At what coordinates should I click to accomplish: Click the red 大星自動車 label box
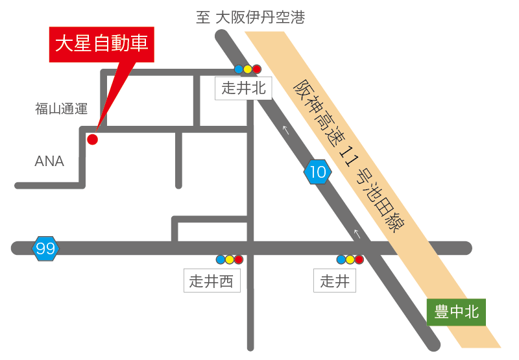[x=102, y=45]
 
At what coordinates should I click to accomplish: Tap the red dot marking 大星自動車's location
[x=92, y=139]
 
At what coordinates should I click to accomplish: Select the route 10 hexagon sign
[x=318, y=173]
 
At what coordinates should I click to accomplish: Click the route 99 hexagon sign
[x=45, y=248]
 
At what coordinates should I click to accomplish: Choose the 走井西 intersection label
[x=211, y=281]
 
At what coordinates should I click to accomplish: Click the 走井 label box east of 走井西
[x=335, y=281]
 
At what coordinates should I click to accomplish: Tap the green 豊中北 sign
[x=456, y=312]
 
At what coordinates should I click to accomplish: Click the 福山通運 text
[x=61, y=109]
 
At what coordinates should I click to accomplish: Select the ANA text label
[x=49, y=162]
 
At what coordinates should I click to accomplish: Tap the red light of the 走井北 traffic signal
[x=256, y=69]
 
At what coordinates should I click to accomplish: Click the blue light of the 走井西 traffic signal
[x=221, y=259]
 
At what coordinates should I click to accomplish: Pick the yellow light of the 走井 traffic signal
[x=350, y=259]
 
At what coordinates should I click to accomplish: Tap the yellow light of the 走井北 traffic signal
[x=247, y=69]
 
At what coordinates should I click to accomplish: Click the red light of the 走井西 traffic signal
[x=238, y=259]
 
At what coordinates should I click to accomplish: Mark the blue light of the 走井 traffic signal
[x=341, y=259]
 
